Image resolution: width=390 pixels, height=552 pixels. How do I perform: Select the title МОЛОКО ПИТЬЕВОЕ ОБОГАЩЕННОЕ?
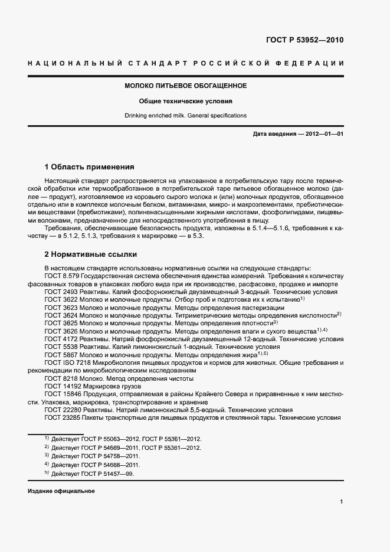coord(185,86)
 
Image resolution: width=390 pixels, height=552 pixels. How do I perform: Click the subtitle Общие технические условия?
coord(185,101)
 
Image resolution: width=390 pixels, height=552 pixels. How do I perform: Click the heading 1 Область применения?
coord(90,167)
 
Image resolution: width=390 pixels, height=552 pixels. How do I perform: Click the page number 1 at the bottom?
coord(342,501)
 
